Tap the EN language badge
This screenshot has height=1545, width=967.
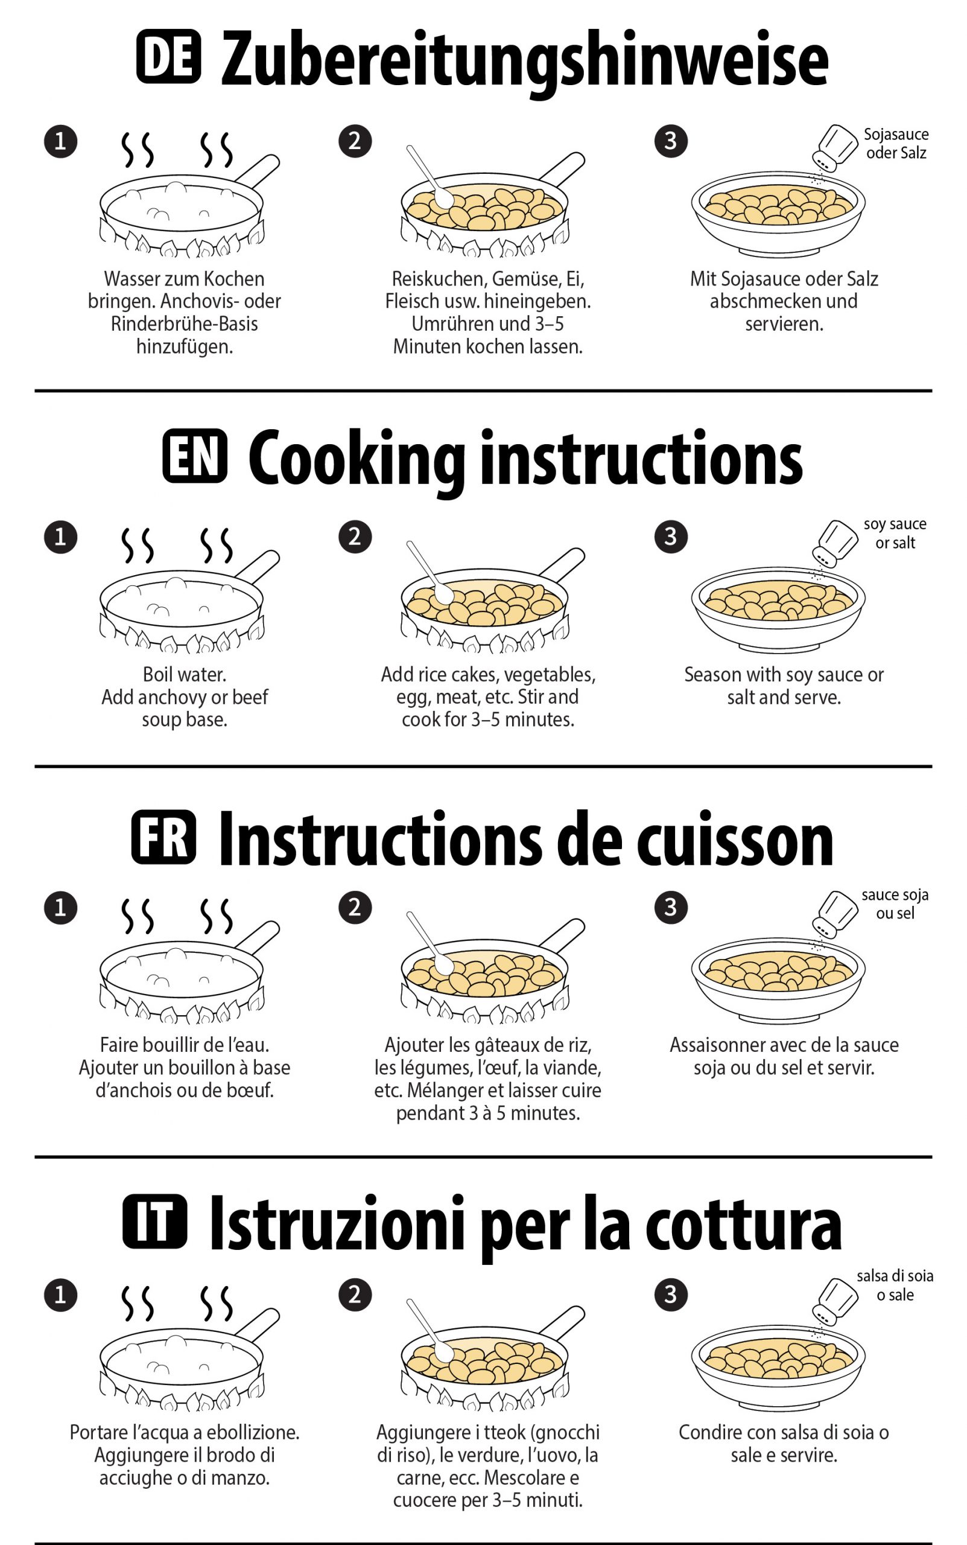click(195, 456)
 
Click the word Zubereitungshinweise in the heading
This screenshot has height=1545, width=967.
click(524, 61)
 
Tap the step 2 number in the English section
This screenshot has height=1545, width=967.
click(355, 536)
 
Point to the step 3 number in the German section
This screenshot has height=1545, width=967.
click(671, 141)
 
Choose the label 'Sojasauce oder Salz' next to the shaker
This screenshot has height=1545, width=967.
click(895, 143)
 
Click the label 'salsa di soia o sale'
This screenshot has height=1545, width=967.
click(895, 1285)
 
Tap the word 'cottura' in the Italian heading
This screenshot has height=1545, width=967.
click(743, 1224)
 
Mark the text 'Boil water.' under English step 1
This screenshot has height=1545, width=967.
click(184, 674)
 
